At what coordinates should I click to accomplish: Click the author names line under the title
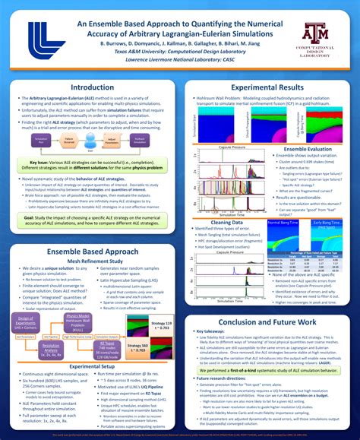pyautogui.click(x=178, y=45)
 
